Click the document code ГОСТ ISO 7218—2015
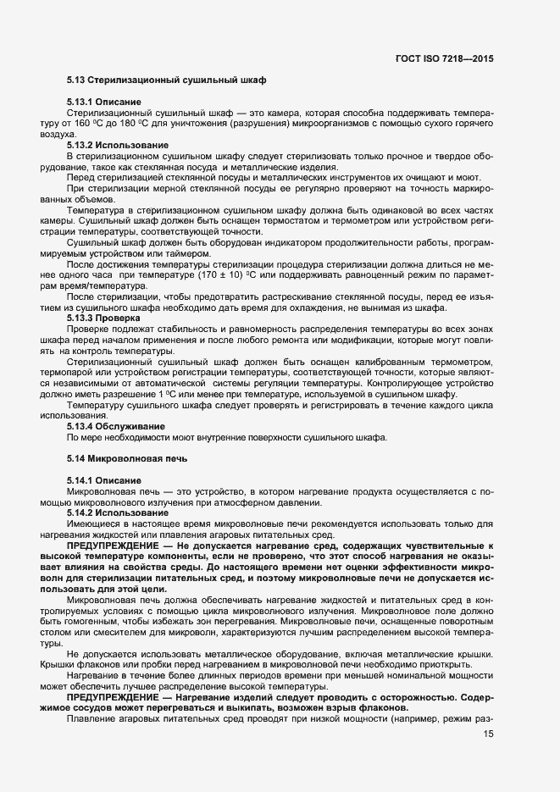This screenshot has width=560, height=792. (x=444, y=59)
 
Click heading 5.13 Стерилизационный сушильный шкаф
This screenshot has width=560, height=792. (x=167, y=80)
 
